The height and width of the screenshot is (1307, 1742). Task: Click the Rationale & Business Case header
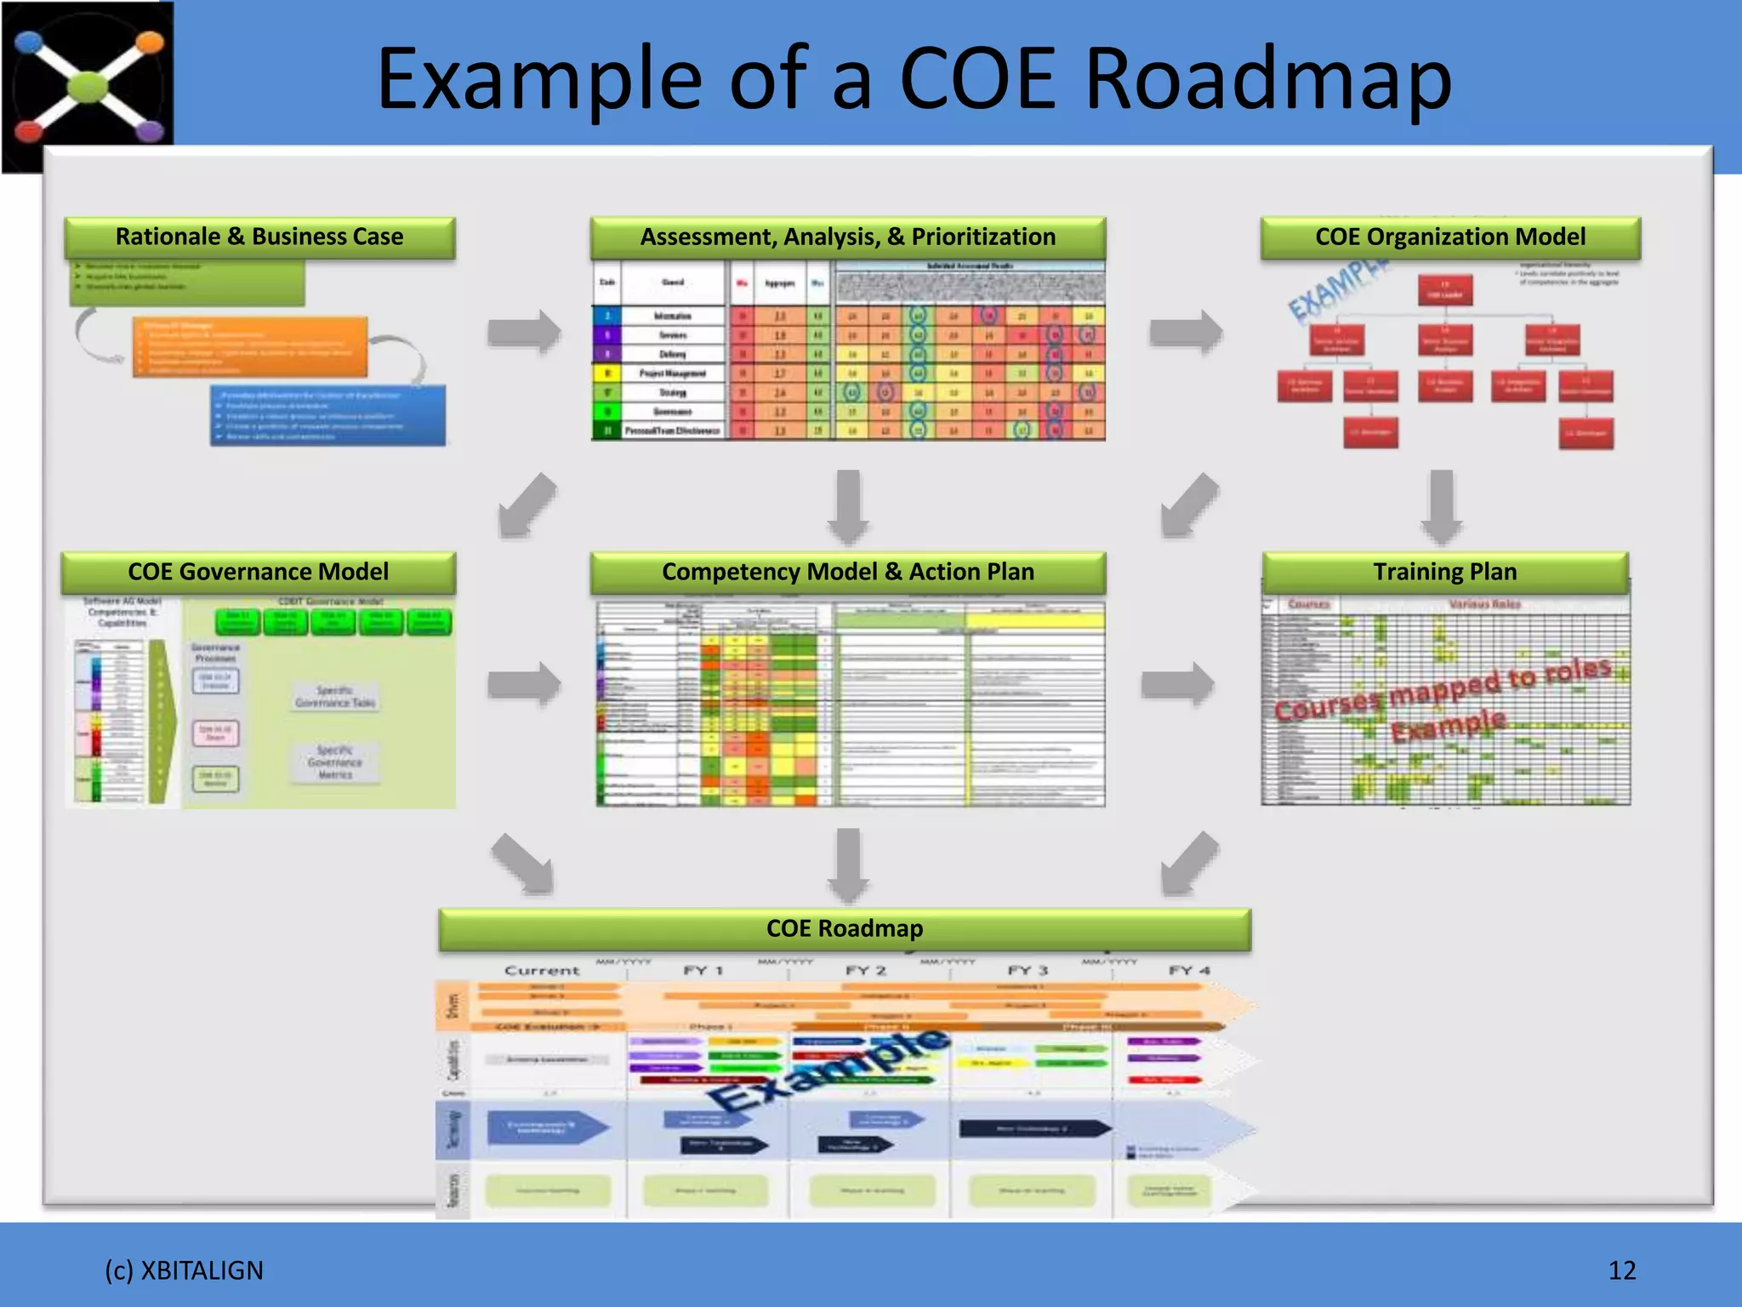[x=259, y=237]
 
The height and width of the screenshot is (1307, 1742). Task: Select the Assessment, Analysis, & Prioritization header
[x=847, y=237]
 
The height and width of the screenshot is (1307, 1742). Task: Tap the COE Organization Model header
[x=1449, y=237]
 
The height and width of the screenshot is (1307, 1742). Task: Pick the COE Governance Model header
[x=258, y=572]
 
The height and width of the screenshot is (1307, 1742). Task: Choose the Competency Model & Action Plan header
[x=847, y=572]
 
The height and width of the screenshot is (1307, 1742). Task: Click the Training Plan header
[x=1444, y=572]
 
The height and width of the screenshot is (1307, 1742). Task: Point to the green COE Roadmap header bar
[x=844, y=928]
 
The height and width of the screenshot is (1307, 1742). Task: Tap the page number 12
[x=1621, y=1270]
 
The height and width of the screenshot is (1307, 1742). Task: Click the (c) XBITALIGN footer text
[x=184, y=1270]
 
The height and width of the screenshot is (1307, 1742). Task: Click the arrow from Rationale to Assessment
[x=524, y=331]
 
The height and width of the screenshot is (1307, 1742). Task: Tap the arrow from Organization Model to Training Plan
[x=1441, y=506]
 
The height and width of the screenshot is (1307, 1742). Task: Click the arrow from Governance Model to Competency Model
[x=524, y=683]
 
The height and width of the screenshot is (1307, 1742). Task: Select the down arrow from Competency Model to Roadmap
[x=848, y=865]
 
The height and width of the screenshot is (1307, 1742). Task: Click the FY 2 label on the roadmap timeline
[x=865, y=970]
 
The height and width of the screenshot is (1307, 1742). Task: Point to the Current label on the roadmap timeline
[x=542, y=970]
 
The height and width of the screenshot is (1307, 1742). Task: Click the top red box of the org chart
[x=1444, y=290]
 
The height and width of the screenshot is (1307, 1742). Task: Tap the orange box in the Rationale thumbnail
[x=250, y=347]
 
